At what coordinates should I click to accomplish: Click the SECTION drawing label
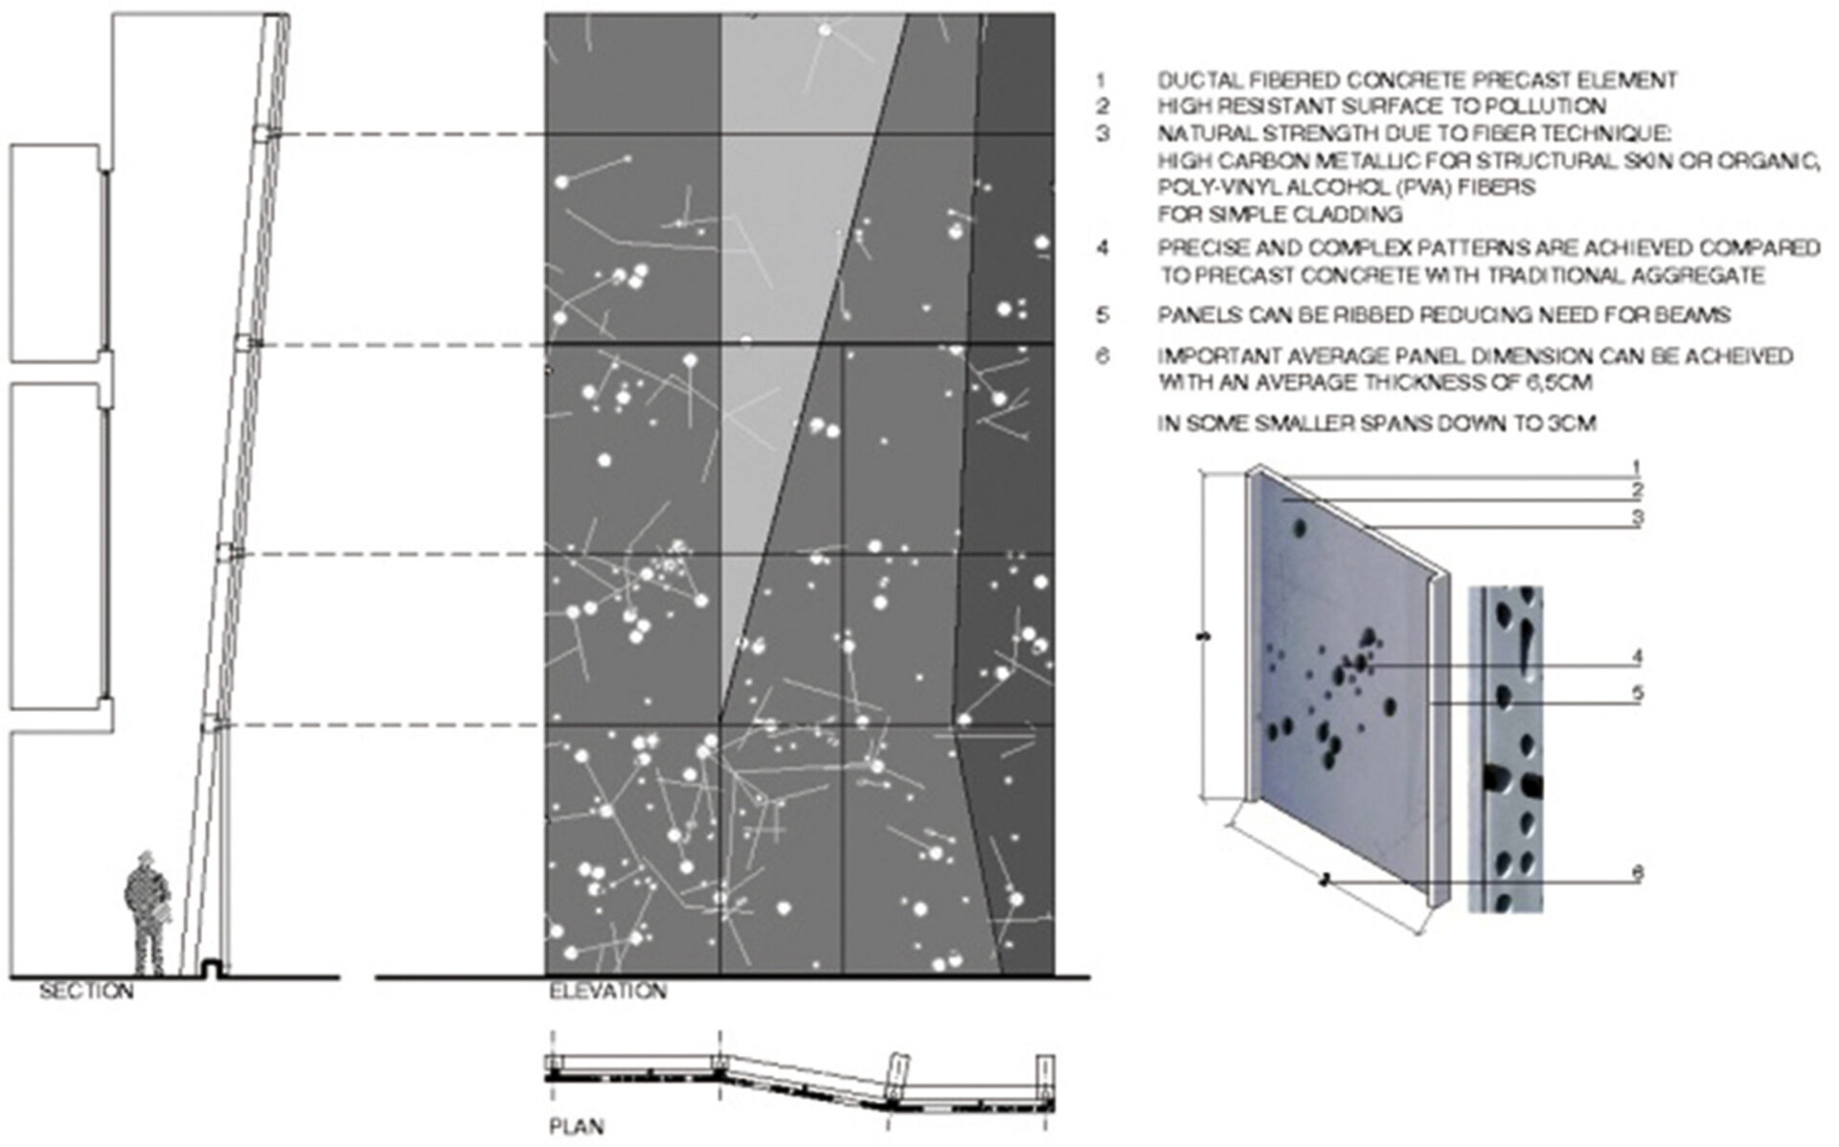click(x=86, y=991)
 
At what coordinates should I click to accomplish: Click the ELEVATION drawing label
click(x=608, y=991)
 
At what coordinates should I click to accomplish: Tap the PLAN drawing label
click(x=577, y=1127)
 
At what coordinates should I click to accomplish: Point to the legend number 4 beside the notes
click(x=1103, y=248)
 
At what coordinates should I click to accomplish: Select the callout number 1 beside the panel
click(x=1637, y=468)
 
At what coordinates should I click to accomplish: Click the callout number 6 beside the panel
click(x=1637, y=873)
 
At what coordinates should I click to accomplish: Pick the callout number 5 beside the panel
click(x=1637, y=693)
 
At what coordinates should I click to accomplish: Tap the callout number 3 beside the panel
click(x=1637, y=518)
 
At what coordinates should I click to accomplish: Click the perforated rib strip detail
click(x=1506, y=748)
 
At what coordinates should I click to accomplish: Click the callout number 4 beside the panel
click(x=1637, y=657)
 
